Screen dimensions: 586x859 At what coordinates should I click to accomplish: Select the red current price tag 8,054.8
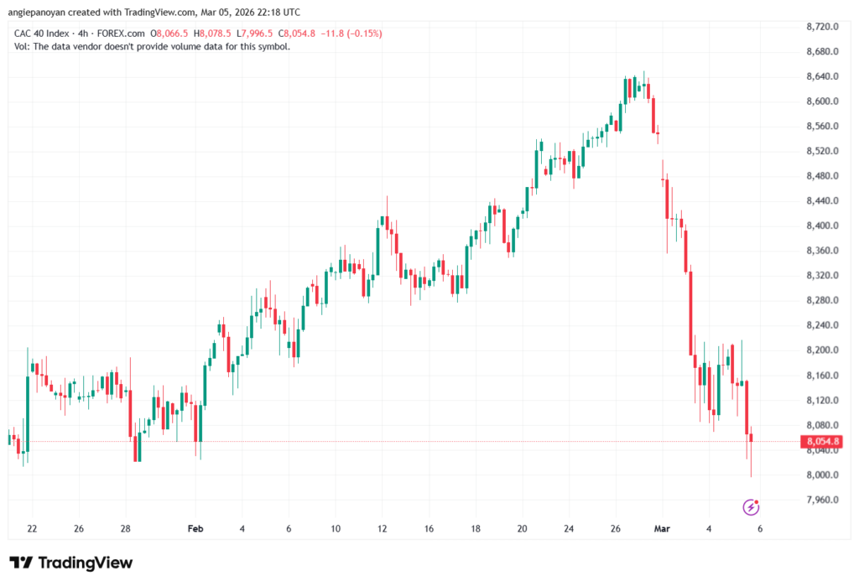[821, 442]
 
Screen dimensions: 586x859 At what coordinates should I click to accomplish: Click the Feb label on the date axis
[195, 529]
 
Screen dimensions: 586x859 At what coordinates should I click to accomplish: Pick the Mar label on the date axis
[662, 529]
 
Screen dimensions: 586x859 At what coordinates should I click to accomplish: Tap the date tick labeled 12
[382, 529]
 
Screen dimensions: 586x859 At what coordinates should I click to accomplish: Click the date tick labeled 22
[32, 529]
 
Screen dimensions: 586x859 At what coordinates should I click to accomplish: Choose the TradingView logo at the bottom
[70, 563]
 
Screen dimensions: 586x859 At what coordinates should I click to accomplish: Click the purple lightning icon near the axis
[752, 506]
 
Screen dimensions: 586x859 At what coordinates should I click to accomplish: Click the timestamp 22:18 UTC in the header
[279, 11]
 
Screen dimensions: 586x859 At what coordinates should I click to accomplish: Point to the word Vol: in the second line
[23, 46]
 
